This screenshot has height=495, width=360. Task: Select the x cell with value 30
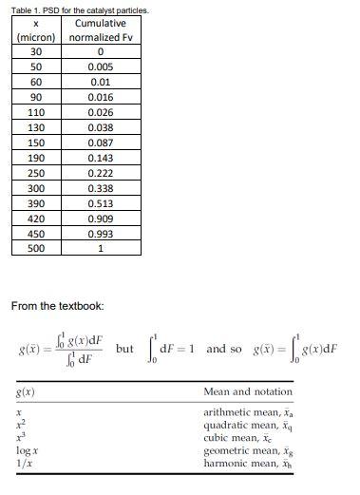[x=36, y=52]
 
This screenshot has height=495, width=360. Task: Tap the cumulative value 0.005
[x=100, y=67]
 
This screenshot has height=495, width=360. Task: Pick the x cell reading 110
[x=36, y=112]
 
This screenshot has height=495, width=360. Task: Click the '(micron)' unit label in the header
[x=36, y=37]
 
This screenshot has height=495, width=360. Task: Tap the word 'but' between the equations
[x=124, y=349]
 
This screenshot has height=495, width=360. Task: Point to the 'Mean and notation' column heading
[x=248, y=391]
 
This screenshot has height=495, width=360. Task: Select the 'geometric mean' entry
[x=245, y=453]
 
